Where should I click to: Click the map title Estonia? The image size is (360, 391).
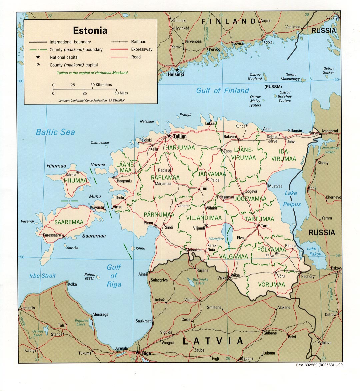pos(90,30)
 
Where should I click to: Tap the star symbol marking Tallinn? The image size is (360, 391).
pos(169,136)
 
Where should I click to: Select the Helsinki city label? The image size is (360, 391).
pos(176,75)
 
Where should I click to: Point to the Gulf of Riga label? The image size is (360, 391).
pos(114,276)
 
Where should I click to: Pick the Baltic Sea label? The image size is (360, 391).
pos(55,132)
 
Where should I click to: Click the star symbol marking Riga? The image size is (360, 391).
pos(137,352)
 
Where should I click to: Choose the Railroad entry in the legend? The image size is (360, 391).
pos(139,42)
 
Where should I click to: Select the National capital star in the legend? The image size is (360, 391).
pos(38,57)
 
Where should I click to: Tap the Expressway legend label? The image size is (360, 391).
pos(142,49)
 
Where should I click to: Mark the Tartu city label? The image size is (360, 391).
pos(265,226)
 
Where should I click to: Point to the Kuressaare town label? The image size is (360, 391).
pos(52,235)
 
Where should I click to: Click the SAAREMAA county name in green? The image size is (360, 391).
pos(69,222)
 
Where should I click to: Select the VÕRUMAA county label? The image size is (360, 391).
pos(271,285)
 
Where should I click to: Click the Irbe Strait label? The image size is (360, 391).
pos(42,276)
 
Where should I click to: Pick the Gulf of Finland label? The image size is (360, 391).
pos(222,90)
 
